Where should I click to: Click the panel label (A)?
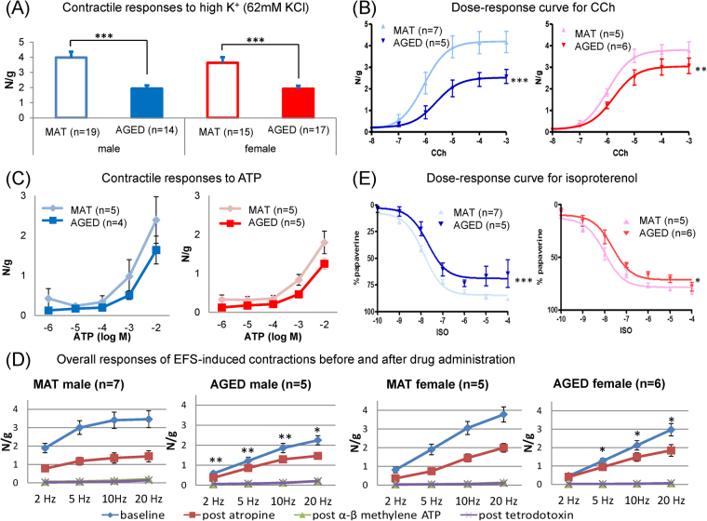20,11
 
